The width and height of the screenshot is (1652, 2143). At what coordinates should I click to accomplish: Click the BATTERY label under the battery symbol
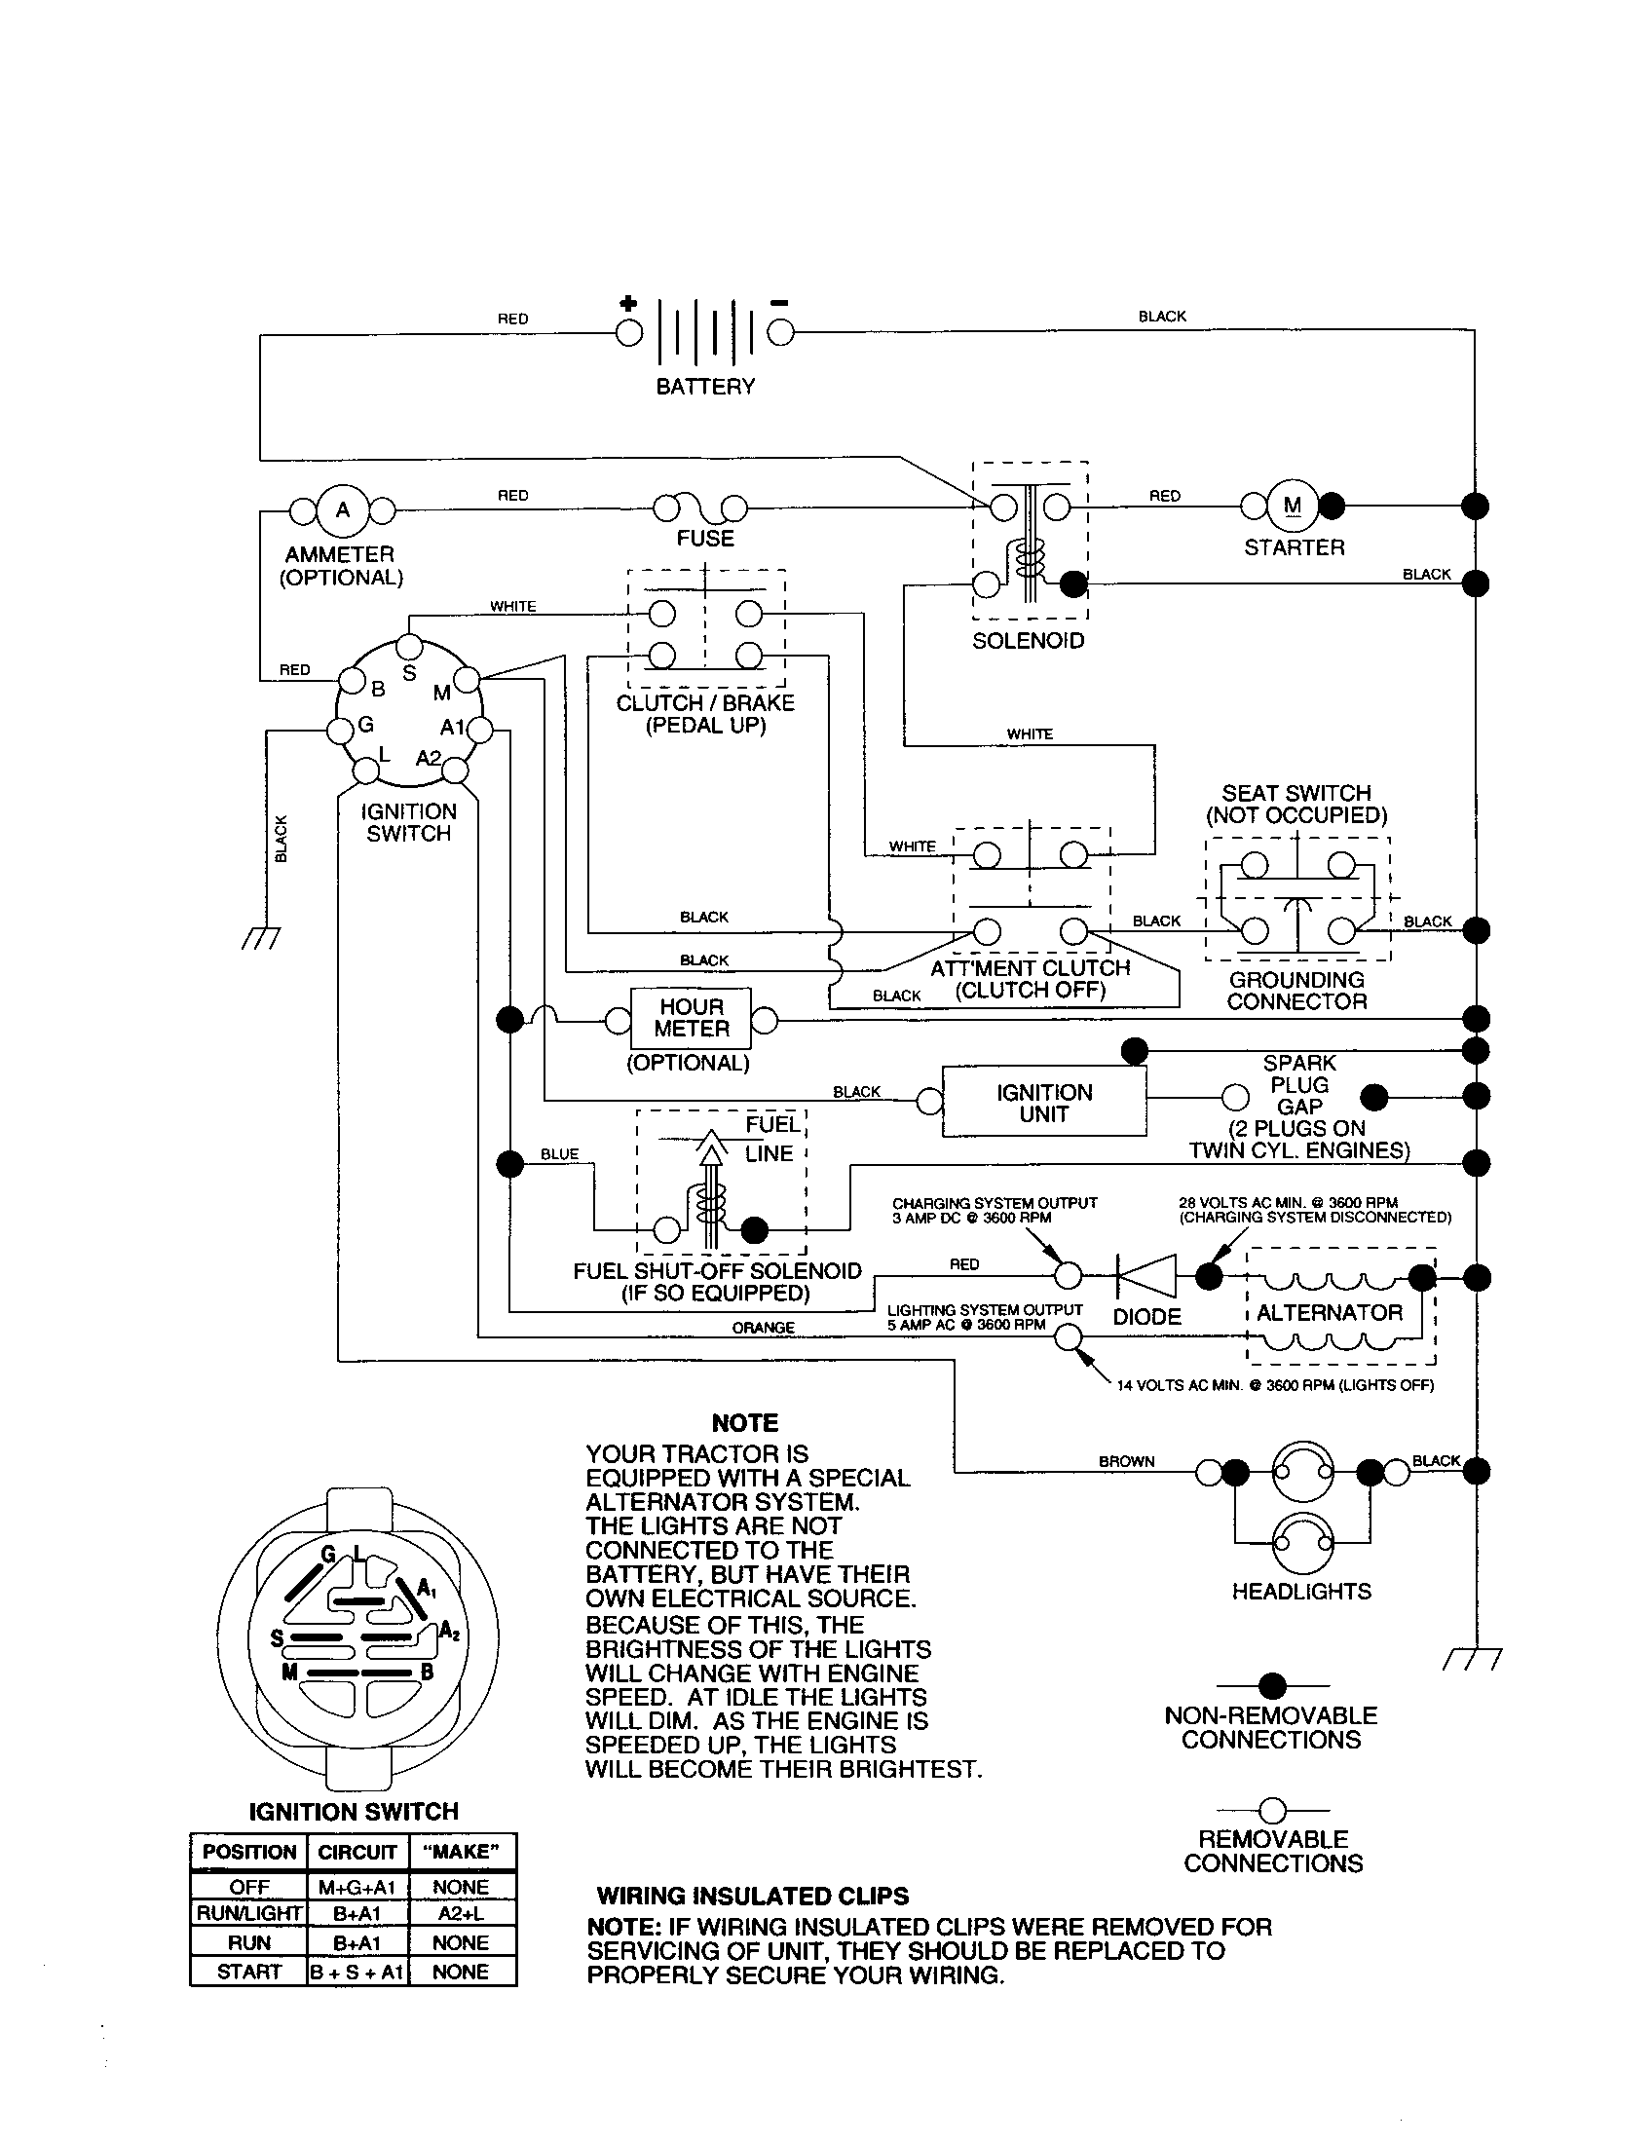point(705,387)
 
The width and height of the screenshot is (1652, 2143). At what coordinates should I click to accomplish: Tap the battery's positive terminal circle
point(629,333)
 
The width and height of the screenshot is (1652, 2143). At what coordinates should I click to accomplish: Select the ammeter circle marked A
point(342,510)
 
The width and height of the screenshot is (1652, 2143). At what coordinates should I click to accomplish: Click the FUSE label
point(704,538)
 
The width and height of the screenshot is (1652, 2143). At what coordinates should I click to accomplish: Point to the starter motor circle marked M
point(1292,507)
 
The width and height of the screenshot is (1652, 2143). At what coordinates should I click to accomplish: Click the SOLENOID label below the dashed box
point(1028,641)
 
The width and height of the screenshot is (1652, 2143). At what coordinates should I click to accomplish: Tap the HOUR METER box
point(691,1019)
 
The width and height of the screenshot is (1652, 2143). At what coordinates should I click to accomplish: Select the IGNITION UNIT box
point(1044,1103)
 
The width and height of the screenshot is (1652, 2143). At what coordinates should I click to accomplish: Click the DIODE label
point(1146,1317)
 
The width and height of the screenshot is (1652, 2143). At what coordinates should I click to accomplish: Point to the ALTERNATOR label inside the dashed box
point(1330,1312)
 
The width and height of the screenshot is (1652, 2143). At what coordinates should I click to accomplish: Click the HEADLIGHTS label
point(1300,1592)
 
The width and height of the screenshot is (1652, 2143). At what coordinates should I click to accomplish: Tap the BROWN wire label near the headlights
point(1126,1461)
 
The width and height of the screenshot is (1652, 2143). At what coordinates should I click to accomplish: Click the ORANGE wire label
point(764,1328)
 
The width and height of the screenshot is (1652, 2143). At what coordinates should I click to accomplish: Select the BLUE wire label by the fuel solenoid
point(559,1154)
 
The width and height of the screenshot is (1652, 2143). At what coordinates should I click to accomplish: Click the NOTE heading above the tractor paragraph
point(744,1423)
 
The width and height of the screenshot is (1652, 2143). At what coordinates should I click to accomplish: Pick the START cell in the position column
point(248,1972)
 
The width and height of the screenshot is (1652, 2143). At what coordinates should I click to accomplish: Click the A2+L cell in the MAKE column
point(460,1913)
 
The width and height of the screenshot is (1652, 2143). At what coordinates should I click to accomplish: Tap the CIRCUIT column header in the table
point(357,1852)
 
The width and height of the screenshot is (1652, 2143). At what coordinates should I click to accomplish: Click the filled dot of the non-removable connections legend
point(1272,1686)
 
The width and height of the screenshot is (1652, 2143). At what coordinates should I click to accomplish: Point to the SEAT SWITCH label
point(1295,793)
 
